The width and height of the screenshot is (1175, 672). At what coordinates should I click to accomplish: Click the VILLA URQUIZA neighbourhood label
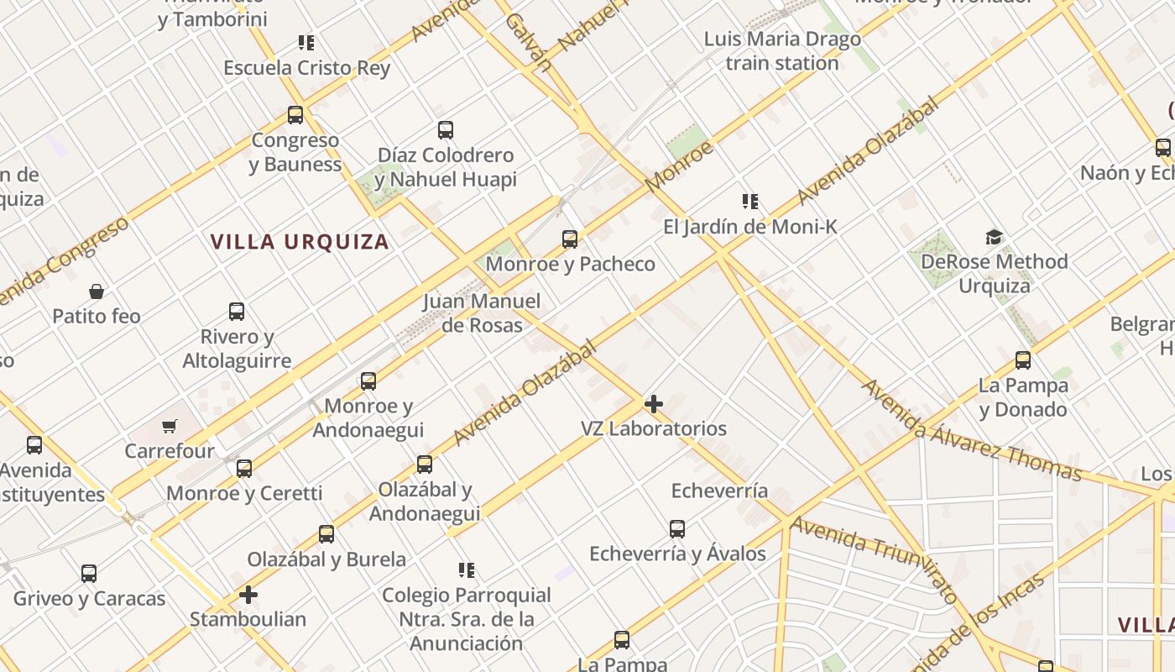(x=300, y=242)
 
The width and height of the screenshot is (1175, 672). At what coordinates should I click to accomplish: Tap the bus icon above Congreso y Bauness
(x=295, y=115)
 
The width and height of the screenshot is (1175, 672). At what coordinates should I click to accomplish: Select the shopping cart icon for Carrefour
(x=170, y=427)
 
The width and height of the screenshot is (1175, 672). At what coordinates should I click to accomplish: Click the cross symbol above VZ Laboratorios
(x=654, y=404)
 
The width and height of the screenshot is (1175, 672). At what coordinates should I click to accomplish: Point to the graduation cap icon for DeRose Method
(x=995, y=237)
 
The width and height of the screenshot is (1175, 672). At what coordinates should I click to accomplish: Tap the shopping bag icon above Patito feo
(x=97, y=291)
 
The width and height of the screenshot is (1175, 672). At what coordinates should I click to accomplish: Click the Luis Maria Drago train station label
(x=782, y=51)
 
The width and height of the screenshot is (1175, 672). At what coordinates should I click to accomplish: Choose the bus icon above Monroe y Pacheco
(x=570, y=239)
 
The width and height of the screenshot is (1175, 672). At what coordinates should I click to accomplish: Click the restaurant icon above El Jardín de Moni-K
(x=750, y=202)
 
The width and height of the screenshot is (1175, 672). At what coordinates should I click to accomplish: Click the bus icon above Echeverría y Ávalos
(x=677, y=529)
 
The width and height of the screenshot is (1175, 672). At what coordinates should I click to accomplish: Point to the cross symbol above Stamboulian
(x=248, y=596)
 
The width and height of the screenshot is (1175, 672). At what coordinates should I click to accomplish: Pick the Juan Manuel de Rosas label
(x=482, y=312)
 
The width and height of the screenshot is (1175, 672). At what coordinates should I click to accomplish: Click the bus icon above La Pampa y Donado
(x=1023, y=360)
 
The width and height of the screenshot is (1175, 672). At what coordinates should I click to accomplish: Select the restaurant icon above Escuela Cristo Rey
(x=306, y=43)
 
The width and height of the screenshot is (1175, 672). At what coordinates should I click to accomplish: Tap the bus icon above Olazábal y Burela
(x=326, y=534)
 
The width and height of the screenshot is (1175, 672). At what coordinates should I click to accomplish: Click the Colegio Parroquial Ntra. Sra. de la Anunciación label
(x=467, y=619)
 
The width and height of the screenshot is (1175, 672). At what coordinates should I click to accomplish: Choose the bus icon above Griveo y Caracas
(x=89, y=574)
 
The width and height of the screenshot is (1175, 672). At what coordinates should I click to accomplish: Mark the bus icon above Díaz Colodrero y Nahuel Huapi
(x=446, y=130)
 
